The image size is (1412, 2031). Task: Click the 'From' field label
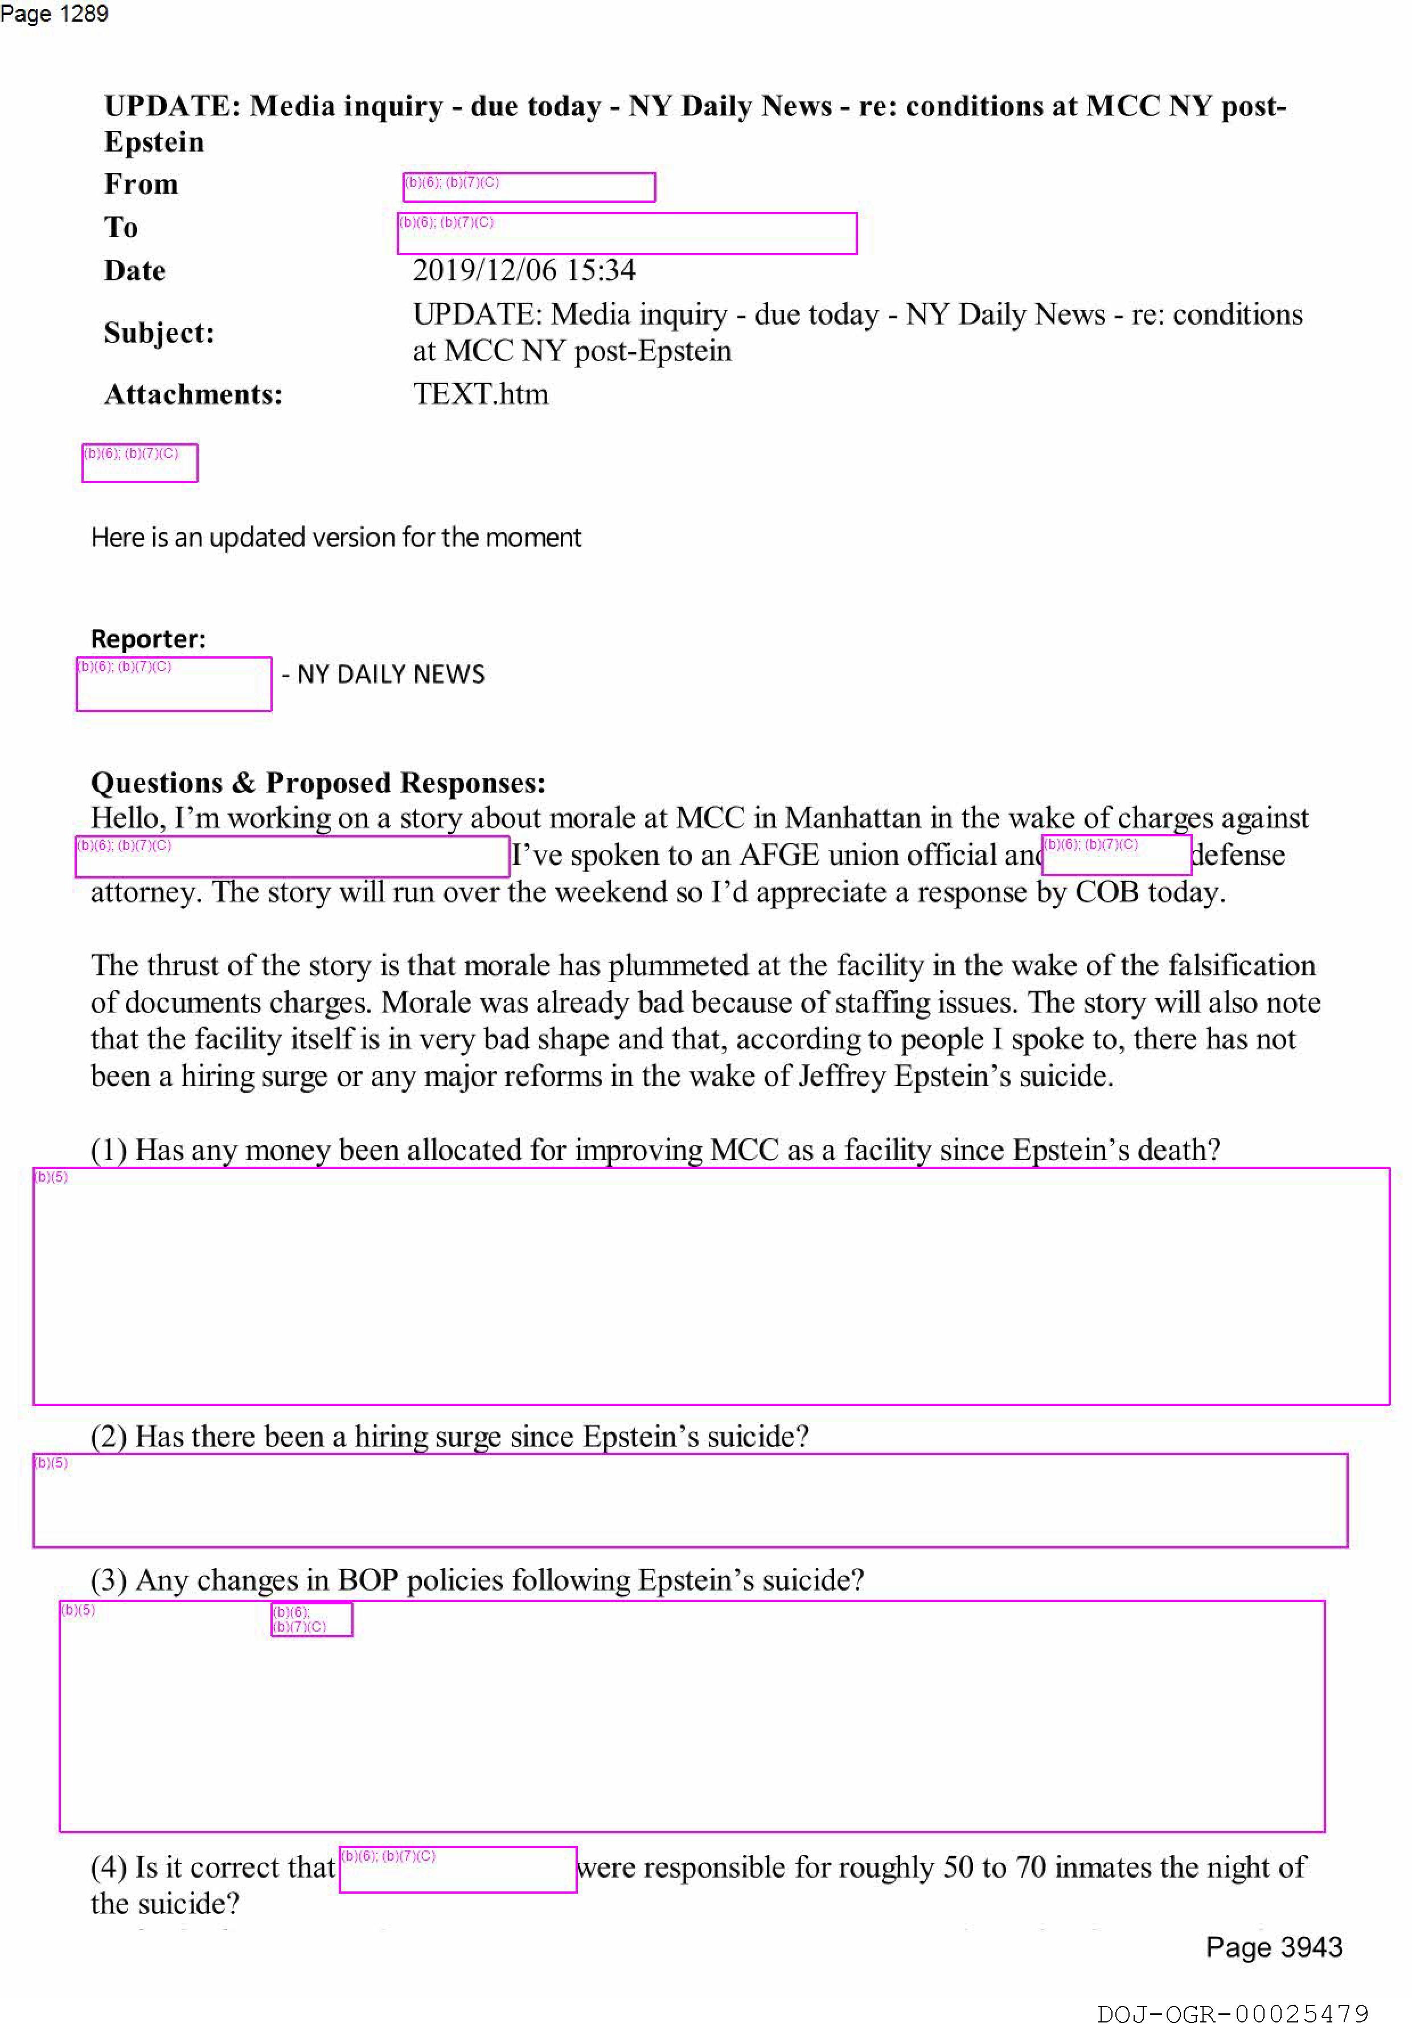coord(141,184)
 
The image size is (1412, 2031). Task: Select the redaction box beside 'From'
coord(529,187)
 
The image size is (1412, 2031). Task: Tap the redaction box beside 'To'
coord(627,234)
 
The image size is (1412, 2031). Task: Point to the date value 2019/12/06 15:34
coord(523,270)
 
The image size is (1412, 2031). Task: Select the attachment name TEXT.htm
coord(480,394)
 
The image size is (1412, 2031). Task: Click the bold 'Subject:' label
coord(158,333)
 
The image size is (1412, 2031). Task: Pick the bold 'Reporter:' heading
coord(147,639)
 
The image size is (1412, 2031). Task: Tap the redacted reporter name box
coord(173,684)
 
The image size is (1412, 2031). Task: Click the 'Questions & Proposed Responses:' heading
coord(317,783)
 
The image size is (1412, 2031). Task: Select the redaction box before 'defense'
coord(1116,855)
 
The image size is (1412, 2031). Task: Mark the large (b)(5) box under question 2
coord(689,1500)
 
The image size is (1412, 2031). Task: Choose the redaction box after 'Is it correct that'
coord(457,1869)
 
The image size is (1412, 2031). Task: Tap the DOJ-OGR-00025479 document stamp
coord(1233,2014)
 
